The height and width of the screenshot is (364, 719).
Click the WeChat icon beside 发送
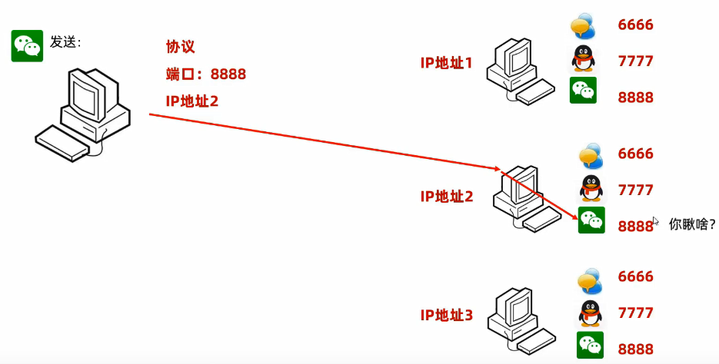click(x=27, y=46)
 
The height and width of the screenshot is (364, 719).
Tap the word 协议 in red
click(x=181, y=47)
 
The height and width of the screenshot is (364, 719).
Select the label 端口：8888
click(x=205, y=74)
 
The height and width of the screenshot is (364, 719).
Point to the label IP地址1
click(x=446, y=63)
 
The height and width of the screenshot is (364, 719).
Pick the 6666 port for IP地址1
click(x=635, y=25)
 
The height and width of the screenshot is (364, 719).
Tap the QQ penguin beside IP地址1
click(x=583, y=59)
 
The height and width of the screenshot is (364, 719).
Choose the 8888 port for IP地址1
click(x=635, y=98)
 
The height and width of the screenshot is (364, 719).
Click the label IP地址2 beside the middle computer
click(x=446, y=196)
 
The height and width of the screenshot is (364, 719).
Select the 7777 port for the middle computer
click(x=635, y=190)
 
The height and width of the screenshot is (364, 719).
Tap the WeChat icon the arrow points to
click(x=591, y=220)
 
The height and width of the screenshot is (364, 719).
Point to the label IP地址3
click(x=446, y=315)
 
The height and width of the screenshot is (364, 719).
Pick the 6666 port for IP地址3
click(x=635, y=276)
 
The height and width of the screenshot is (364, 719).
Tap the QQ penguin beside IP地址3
click(x=590, y=313)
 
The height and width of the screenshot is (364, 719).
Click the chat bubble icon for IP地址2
click(x=590, y=154)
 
